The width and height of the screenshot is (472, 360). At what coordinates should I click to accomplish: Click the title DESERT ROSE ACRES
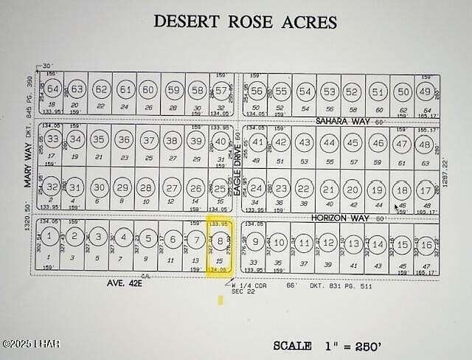click(245, 21)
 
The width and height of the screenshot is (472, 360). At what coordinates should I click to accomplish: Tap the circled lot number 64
click(52, 89)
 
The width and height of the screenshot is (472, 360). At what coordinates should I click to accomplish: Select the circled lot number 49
click(424, 91)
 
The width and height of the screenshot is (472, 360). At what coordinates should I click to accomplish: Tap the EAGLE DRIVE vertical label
click(237, 169)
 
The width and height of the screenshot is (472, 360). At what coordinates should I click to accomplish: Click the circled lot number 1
click(49, 237)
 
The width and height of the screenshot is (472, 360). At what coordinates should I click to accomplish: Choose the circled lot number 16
click(426, 244)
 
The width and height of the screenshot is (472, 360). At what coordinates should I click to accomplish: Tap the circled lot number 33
click(52, 139)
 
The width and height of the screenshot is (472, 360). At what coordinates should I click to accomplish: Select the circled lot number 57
click(221, 90)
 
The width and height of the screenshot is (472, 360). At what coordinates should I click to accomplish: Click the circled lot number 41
click(257, 141)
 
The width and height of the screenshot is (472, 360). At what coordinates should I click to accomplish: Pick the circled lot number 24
click(256, 189)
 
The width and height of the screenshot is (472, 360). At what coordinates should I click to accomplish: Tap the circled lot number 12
click(329, 242)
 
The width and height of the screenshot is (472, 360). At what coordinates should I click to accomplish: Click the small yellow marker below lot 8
click(221, 300)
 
